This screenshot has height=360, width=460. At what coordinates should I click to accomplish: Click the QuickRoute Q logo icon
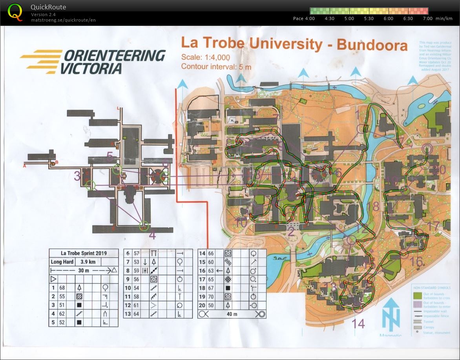(15, 12)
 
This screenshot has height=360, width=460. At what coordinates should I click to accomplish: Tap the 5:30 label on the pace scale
(369, 18)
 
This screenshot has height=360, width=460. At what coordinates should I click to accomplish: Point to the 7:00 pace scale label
(427, 18)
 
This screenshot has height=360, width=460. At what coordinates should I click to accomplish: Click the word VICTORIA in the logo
(91, 68)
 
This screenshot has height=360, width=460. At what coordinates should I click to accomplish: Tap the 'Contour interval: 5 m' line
(216, 66)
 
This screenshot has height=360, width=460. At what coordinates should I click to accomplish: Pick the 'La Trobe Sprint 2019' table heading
(84, 253)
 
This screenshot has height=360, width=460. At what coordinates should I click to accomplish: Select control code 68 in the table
(62, 288)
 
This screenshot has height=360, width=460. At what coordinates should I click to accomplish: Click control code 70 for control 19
(211, 296)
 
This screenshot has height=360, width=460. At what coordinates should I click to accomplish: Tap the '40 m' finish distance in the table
(232, 314)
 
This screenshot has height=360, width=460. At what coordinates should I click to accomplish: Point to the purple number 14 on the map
(358, 323)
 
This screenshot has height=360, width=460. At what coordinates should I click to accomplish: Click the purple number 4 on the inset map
(152, 236)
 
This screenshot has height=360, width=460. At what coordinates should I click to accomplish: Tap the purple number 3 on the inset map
(77, 175)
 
